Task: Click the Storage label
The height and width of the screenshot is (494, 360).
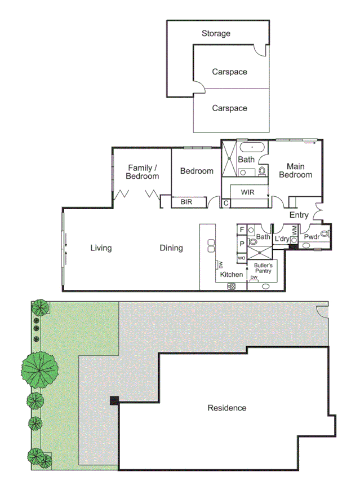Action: pos(216,34)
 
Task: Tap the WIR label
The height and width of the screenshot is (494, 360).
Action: pos(248,192)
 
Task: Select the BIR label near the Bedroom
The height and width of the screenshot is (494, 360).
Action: pos(185,201)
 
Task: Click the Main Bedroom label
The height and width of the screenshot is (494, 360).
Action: pos(296,170)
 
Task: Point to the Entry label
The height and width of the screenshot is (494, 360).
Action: pos(299,215)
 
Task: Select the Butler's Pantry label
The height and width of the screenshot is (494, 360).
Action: pos(263,268)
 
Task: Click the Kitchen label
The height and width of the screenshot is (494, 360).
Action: pos(232,275)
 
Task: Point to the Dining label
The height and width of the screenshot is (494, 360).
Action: pos(171,248)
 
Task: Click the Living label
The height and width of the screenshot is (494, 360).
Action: pos(101,248)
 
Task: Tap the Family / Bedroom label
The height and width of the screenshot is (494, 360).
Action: pos(143,171)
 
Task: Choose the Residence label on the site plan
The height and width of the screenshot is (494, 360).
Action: pos(227,408)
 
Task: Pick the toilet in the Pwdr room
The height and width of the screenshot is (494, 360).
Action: pos(324,233)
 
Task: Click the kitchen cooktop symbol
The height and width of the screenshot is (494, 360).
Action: pos(232,286)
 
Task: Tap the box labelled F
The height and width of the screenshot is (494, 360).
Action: pos(242,230)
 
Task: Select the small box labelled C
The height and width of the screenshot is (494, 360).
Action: pos(226,202)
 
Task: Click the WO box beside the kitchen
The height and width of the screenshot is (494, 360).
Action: pos(241,258)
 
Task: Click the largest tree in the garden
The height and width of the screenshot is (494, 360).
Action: pos(40,370)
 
